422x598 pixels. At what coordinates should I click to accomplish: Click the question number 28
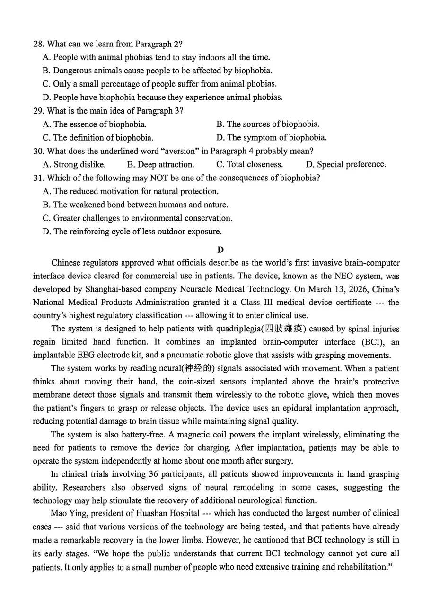click(38, 44)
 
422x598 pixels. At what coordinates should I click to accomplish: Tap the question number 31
click(38, 178)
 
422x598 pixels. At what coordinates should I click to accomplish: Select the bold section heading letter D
click(220, 250)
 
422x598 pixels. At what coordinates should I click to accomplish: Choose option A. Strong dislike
click(74, 165)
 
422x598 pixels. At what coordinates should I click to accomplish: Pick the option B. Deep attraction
click(160, 165)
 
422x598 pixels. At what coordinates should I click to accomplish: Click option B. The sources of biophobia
click(268, 125)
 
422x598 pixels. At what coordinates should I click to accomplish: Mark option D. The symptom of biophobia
click(271, 138)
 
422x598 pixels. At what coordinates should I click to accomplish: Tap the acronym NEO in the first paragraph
click(333, 276)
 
